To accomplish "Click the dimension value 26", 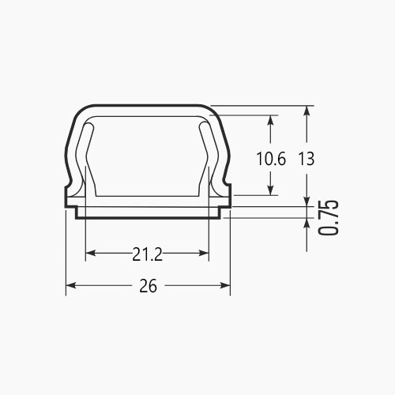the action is [x=148, y=286].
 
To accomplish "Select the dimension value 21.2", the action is [x=148, y=254].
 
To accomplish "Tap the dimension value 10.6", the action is [x=271, y=159].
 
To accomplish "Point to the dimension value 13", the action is [x=307, y=159].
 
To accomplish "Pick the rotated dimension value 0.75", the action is [x=328, y=217].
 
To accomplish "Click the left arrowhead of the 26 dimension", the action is [x=71, y=285].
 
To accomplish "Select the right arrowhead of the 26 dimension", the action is [x=225, y=285].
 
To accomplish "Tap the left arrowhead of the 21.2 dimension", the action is [x=91, y=254].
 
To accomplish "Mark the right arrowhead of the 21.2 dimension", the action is [x=204, y=254].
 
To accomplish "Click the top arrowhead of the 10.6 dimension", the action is [x=270, y=120].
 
